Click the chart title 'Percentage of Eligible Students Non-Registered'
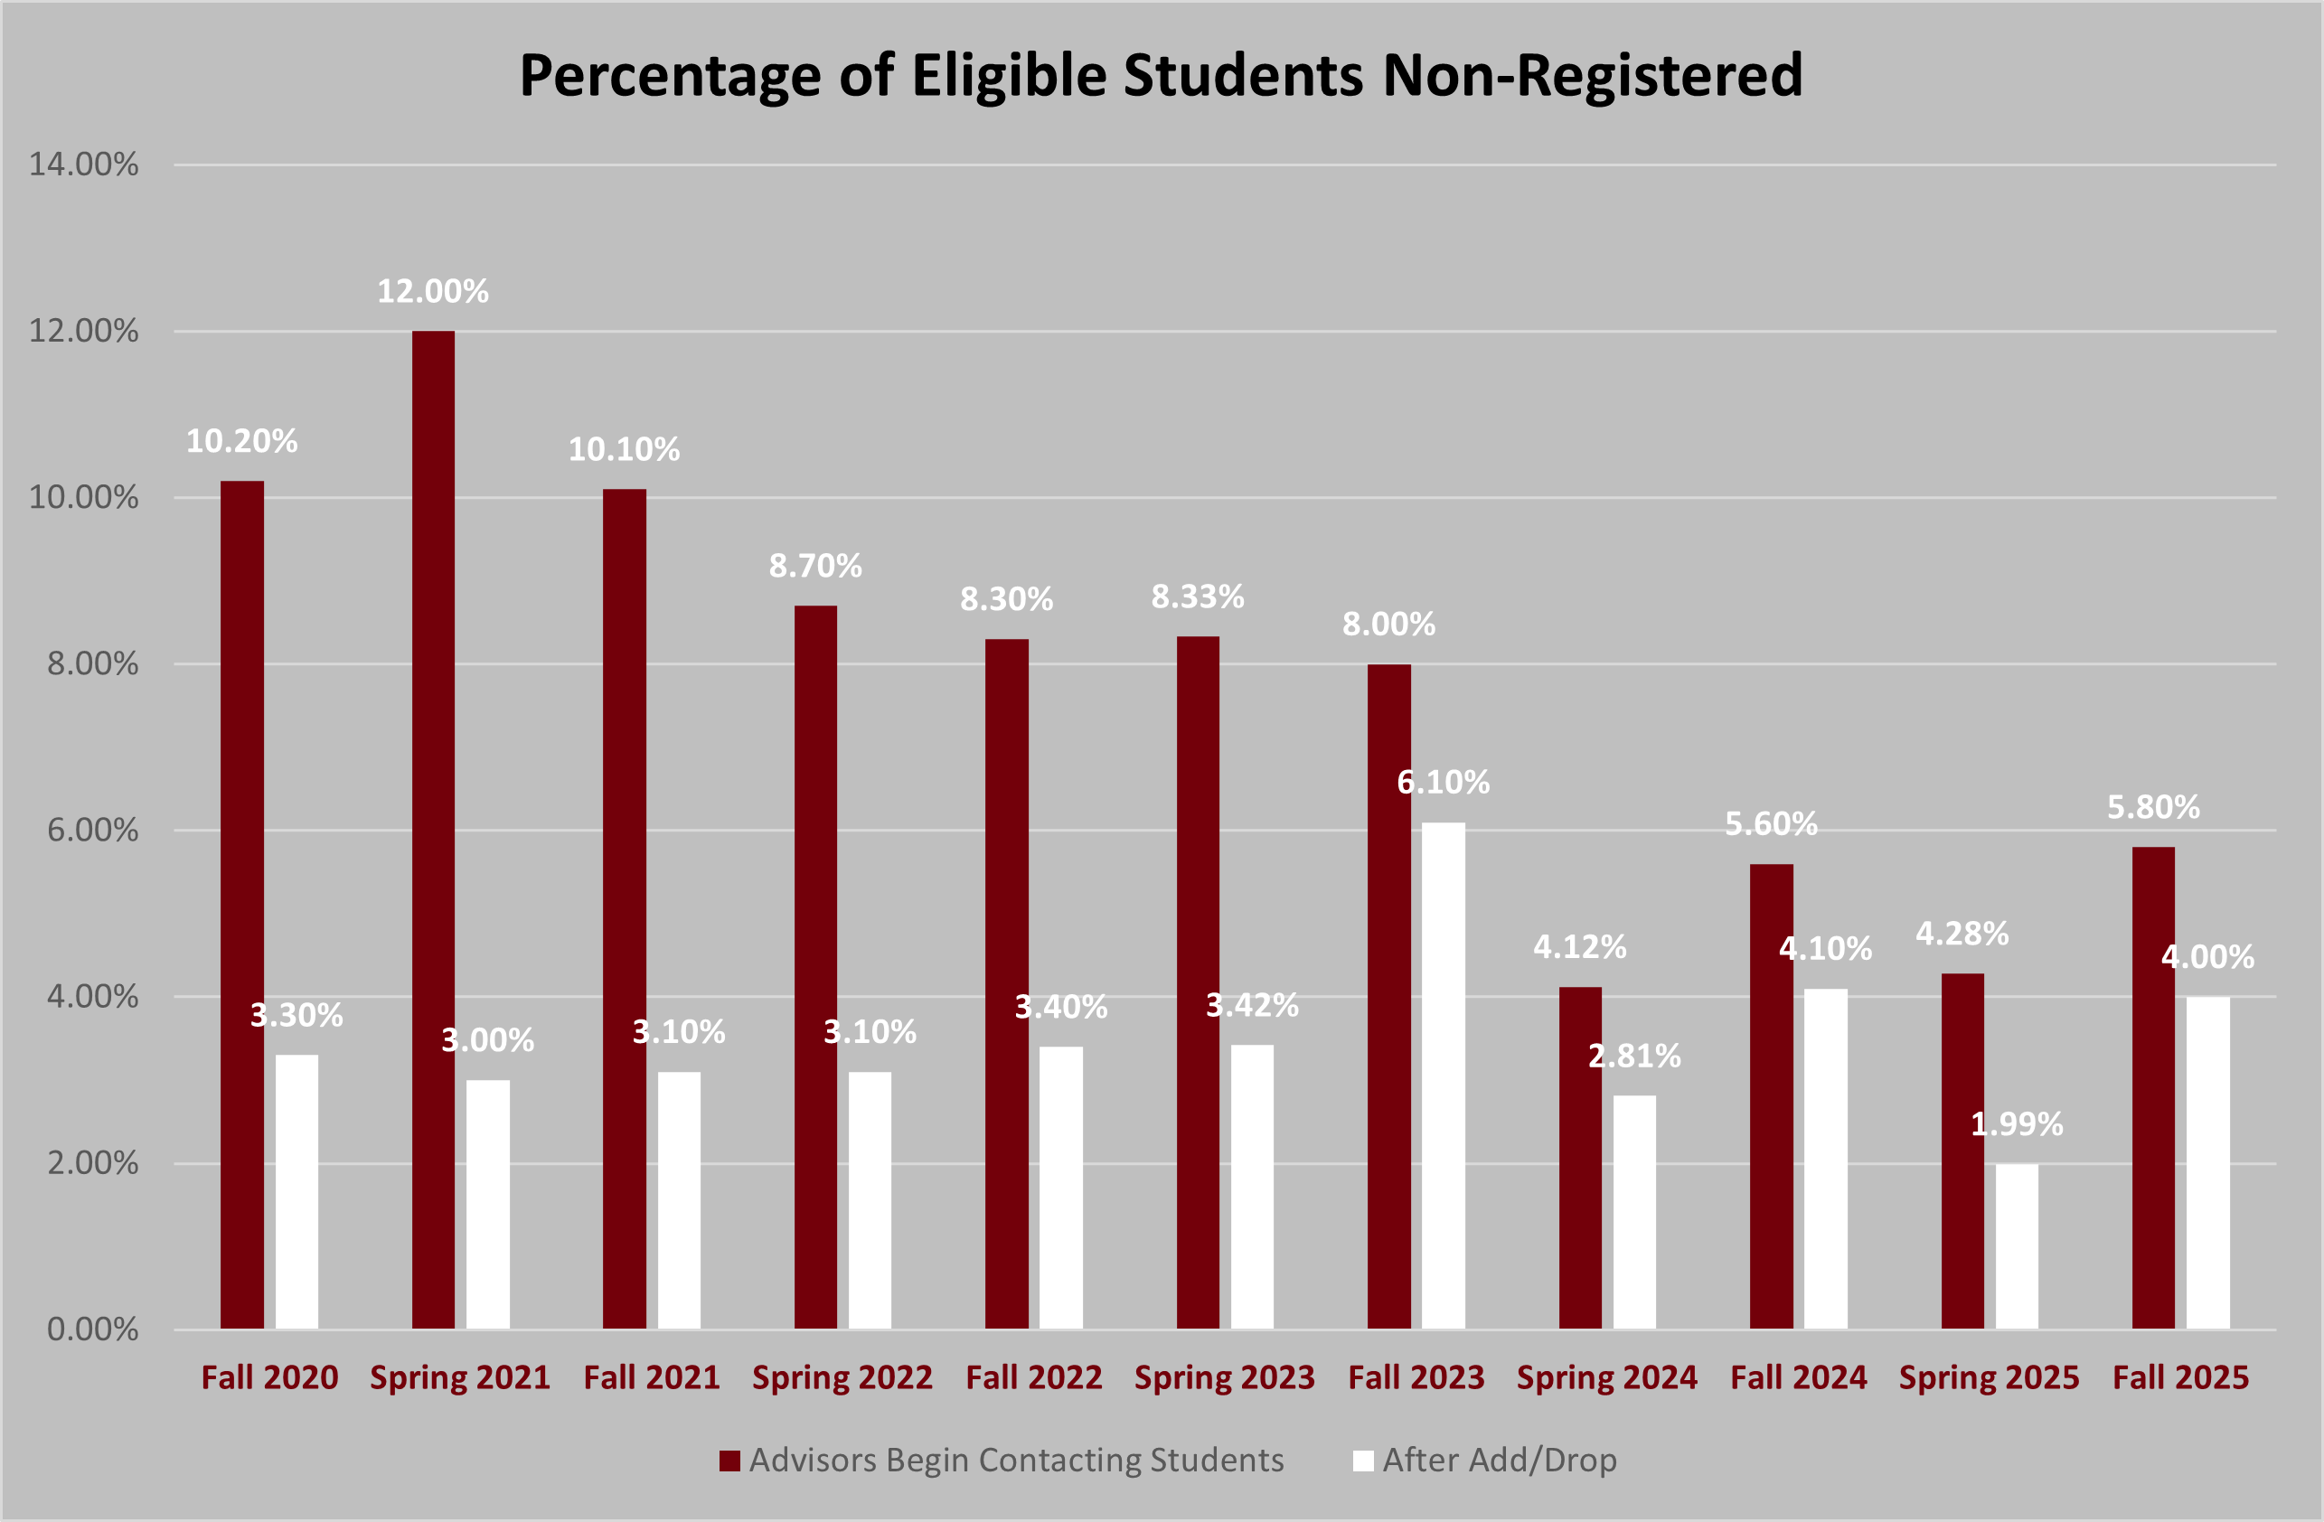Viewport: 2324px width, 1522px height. pyautogui.click(x=1160, y=75)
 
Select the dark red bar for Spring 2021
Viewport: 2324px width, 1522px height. pyautogui.click(x=433, y=830)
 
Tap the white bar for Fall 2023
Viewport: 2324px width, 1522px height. pyautogui.click(x=1444, y=1074)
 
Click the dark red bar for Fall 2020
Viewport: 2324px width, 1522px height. pyautogui.click(x=242, y=904)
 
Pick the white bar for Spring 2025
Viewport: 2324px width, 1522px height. pyautogui.click(x=2017, y=1245)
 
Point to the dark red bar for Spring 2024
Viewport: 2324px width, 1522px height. pyautogui.click(x=1580, y=1157)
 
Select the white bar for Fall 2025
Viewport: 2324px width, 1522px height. pyautogui.click(x=2207, y=1161)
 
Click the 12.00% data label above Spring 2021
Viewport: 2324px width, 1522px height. pyautogui.click(x=433, y=291)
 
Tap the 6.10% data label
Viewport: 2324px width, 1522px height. pyautogui.click(x=1444, y=782)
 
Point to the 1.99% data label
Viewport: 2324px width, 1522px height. pyautogui.click(x=2017, y=1123)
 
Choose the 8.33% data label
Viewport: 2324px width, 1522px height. pyautogui.click(x=1197, y=597)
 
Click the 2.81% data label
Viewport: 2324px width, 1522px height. pyautogui.click(x=1634, y=1056)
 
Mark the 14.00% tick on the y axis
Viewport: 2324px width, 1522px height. pyautogui.click(x=84, y=164)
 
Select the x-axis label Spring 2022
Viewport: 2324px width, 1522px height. pyautogui.click(x=842, y=1377)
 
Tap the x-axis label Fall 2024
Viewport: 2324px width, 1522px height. pyautogui.click(x=1798, y=1377)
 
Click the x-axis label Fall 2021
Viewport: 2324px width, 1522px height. pyautogui.click(x=652, y=1377)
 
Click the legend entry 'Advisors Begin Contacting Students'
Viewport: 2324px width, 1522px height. pyautogui.click(x=1015, y=1460)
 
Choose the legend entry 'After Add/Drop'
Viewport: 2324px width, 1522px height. pyautogui.click(x=1499, y=1460)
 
